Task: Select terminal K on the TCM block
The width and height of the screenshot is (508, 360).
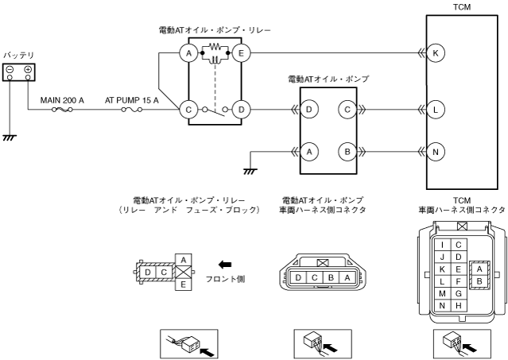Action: pos(436,53)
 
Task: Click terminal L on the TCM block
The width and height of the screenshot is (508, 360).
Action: pos(436,108)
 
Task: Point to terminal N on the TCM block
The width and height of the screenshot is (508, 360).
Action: pos(436,148)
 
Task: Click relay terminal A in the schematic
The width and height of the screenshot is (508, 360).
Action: pos(188,53)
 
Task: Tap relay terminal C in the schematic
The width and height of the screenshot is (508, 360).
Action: pos(188,108)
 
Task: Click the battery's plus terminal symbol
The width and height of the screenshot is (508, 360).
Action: pos(28,70)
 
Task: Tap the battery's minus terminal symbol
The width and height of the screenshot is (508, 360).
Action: pos(10,70)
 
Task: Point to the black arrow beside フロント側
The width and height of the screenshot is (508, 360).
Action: pos(225,264)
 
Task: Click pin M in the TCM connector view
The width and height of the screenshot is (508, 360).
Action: pos(444,292)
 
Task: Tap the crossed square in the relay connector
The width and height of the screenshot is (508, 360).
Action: pos(184,272)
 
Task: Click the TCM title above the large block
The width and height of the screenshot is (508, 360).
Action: pos(461,6)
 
